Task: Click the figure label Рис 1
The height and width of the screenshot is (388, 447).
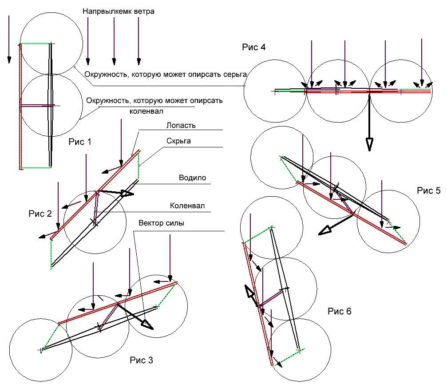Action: point(80,142)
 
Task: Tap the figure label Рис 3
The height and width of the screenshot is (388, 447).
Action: point(142,360)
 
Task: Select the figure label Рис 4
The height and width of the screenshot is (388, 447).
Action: point(254,47)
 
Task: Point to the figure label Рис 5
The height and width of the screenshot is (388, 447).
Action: point(428,190)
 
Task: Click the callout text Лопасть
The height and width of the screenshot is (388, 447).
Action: point(182,125)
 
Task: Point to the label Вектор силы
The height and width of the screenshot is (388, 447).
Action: point(161,223)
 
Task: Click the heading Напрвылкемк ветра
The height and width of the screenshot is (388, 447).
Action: point(118,12)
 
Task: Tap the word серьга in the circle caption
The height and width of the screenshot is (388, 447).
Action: point(233,75)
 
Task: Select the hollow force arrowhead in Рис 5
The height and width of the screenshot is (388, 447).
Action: point(326,229)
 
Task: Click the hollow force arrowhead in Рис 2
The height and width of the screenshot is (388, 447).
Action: point(127,194)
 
